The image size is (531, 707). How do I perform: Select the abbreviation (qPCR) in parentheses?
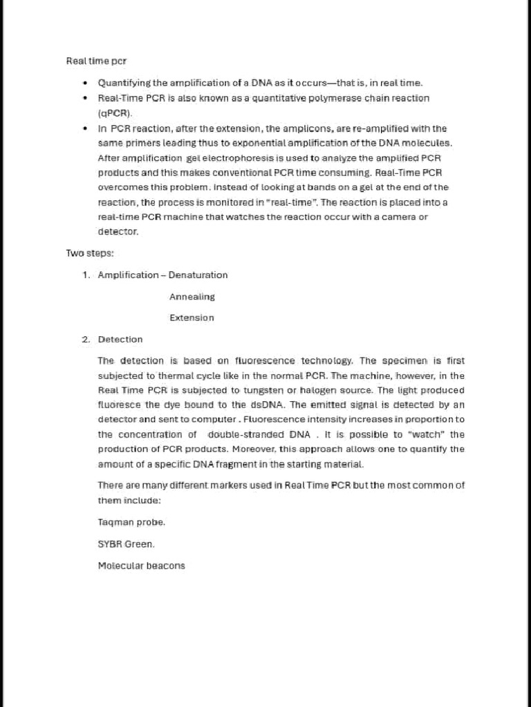115,113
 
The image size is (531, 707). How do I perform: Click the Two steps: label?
85,253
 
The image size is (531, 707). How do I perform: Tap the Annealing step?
192,297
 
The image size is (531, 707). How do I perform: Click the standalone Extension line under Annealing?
192,318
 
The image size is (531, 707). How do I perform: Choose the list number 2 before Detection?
86,340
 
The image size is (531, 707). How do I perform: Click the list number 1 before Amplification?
86,275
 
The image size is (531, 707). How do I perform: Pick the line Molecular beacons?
141,565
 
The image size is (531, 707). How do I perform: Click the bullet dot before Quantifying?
84,83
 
